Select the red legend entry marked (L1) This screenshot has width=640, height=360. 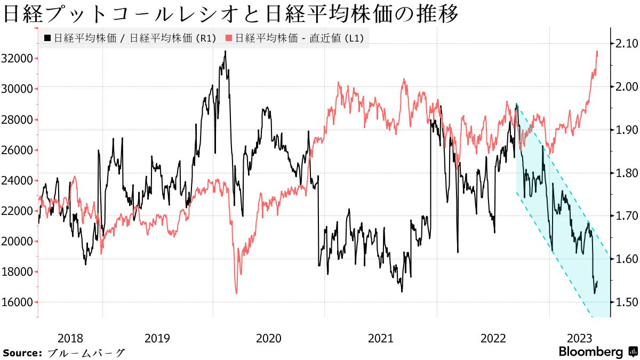click(x=297, y=38)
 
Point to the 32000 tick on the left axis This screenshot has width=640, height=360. click(x=18, y=58)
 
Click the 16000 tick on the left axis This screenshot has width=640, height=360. click(x=18, y=302)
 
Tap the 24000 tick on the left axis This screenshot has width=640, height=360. click(x=18, y=180)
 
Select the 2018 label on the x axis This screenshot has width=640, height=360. click(x=70, y=338)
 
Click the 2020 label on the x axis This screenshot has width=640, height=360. click(x=269, y=338)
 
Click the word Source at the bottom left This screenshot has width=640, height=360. click(x=22, y=353)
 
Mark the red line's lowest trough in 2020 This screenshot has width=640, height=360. click(x=236, y=293)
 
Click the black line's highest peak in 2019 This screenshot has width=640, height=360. click(x=225, y=51)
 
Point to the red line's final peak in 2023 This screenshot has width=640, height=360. click(x=597, y=51)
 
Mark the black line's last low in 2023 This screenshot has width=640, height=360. click(x=595, y=293)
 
